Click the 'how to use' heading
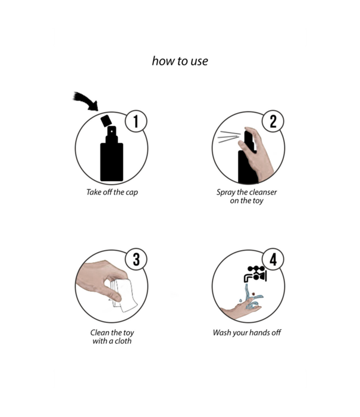click(x=180, y=61)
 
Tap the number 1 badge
click(x=136, y=122)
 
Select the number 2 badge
click(x=273, y=122)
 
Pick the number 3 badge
click(x=136, y=259)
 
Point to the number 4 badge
click(x=273, y=259)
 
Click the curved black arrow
click(x=86, y=101)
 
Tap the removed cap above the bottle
click(x=106, y=121)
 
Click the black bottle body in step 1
click(x=112, y=161)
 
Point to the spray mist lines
click(x=229, y=136)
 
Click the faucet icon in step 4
click(x=255, y=274)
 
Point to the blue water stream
click(x=251, y=297)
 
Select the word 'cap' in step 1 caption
click(x=132, y=192)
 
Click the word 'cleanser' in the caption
click(x=263, y=192)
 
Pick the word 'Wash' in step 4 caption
click(x=222, y=332)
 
